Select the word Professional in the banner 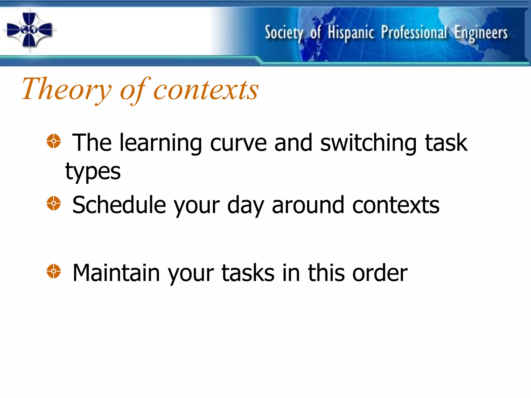point(414,33)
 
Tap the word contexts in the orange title point(206,89)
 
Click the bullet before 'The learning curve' point(54,141)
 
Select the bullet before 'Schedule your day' point(54,203)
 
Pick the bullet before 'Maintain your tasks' point(54,271)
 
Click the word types point(93,172)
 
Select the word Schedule point(119,205)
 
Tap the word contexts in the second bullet point(396,205)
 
